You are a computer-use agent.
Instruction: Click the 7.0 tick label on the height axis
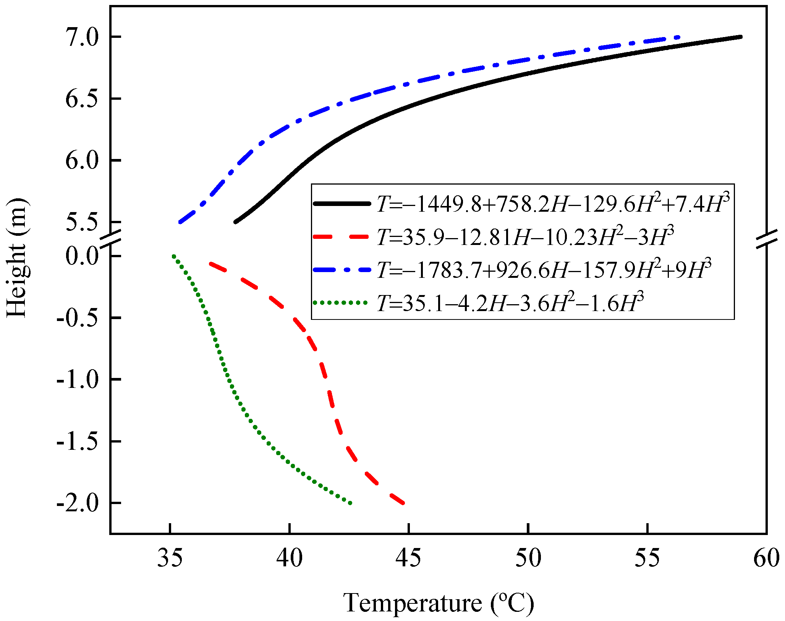(x=83, y=37)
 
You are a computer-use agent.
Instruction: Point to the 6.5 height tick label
(x=83, y=99)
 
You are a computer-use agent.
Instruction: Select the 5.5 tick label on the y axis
(x=83, y=222)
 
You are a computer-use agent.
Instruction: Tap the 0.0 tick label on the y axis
(x=83, y=256)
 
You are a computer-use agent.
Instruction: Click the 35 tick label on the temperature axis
(x=170, y=558)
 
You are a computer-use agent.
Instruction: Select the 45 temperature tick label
(x=409, y=558)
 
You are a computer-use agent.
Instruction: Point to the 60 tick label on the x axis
(x=766, y=558)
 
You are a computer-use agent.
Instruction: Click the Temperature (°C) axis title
(x=439, y=603)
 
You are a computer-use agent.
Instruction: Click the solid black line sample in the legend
(x=342, y=204)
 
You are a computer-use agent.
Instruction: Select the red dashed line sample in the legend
(x=342, y=237)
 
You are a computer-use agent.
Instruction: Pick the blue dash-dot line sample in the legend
(x=342, y=270)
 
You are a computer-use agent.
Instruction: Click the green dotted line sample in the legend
(x=342, y=303)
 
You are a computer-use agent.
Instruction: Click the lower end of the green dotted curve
(x=350, y=503)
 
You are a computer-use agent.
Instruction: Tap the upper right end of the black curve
(x=740, y=37)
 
